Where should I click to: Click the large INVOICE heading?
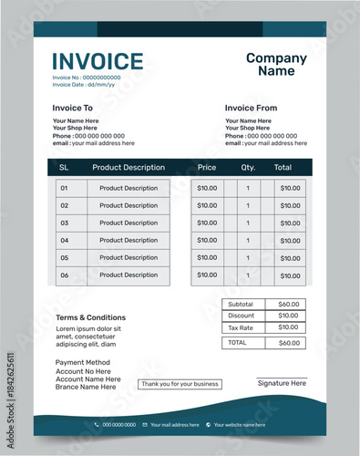point(98,62)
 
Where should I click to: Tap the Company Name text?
point(276,65)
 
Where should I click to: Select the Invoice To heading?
point(73,109)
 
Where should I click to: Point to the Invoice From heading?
point(251,109)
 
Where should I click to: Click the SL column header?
point(64,168)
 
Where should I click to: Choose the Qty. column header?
point(248,168)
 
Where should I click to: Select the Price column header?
point(207,168)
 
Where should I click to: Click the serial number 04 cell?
point(64,241)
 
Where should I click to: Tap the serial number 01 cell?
point(64,189)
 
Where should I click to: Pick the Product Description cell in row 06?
point(129,275)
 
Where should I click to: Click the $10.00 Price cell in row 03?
point(207,223)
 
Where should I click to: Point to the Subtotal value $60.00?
point(288,305)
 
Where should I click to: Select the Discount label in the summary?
point(241,316)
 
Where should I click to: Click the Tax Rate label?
point(241,327)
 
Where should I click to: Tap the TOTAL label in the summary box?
point(237,343)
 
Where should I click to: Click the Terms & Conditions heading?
point(90,317)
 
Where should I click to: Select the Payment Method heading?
point(83,363)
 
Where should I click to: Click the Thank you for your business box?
point(180,384)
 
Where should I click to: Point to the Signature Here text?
point(282,384)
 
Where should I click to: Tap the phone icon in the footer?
point(97,425)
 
